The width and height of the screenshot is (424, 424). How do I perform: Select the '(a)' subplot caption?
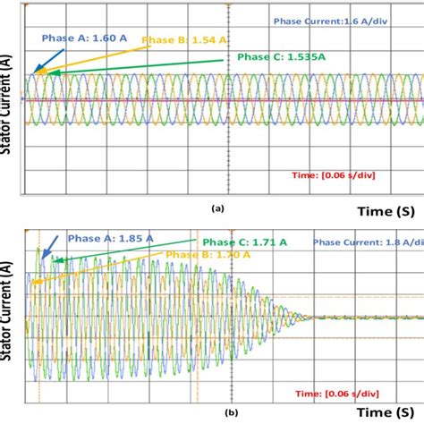coord(216,207)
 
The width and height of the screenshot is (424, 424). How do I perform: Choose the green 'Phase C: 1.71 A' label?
coord(244,242)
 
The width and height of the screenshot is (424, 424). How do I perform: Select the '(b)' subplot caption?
coord(208,413)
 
